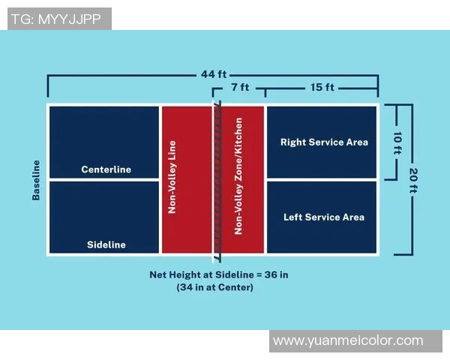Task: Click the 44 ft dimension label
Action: point(214,75)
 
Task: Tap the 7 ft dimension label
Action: point(240,88)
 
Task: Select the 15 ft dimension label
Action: point(322,88)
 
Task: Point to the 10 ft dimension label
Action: point(397,142)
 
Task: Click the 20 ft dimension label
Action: point(412,180)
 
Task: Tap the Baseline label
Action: point(35,180)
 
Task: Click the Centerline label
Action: point(106,169)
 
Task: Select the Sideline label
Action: point(106,244)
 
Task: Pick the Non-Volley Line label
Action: point(172,180)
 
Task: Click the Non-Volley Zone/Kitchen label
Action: point(238,176)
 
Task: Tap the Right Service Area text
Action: point(324,142)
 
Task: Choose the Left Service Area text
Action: point(324,217)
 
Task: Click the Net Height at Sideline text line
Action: point(218,274)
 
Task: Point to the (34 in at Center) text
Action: point(215,287)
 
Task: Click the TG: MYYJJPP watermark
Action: point(56,19)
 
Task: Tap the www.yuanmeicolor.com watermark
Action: point(348,340)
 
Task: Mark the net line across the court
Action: point(217,180)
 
